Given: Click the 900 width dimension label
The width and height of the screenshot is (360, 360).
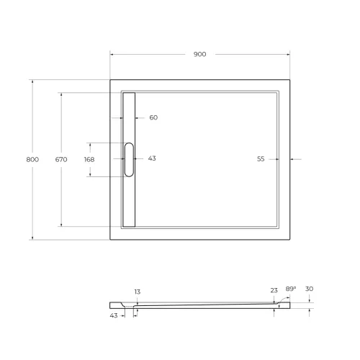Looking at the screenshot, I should (x=200, y=55).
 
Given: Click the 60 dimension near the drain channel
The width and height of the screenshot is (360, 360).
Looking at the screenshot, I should (x=153, y=118).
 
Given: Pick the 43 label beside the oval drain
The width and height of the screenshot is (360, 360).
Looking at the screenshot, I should (x=152, y=158).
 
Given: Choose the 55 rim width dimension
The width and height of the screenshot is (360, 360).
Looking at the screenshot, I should (x=261, y=158).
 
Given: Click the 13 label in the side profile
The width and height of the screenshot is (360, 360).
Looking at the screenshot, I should (x=137, y=292).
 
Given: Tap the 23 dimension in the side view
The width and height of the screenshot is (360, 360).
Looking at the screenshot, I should (x=274, y=290).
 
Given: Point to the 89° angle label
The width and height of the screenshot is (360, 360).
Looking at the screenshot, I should (x=291, y=289).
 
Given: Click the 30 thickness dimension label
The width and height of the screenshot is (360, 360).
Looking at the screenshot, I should (x=309, y=289).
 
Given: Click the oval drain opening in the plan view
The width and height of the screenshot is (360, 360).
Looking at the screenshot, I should (x=129, y=159).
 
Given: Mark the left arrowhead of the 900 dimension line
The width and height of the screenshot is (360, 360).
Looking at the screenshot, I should (x=112, y=55).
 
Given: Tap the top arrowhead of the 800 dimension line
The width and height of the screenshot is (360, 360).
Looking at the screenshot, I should (x=32, y=81).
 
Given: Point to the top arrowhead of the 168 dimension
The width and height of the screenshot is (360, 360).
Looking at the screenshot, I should (x=89, y=143).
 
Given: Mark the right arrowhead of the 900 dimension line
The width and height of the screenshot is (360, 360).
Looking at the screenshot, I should (x=288, y=55).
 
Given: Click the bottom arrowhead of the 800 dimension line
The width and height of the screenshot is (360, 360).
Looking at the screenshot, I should (x=32, y=238).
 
